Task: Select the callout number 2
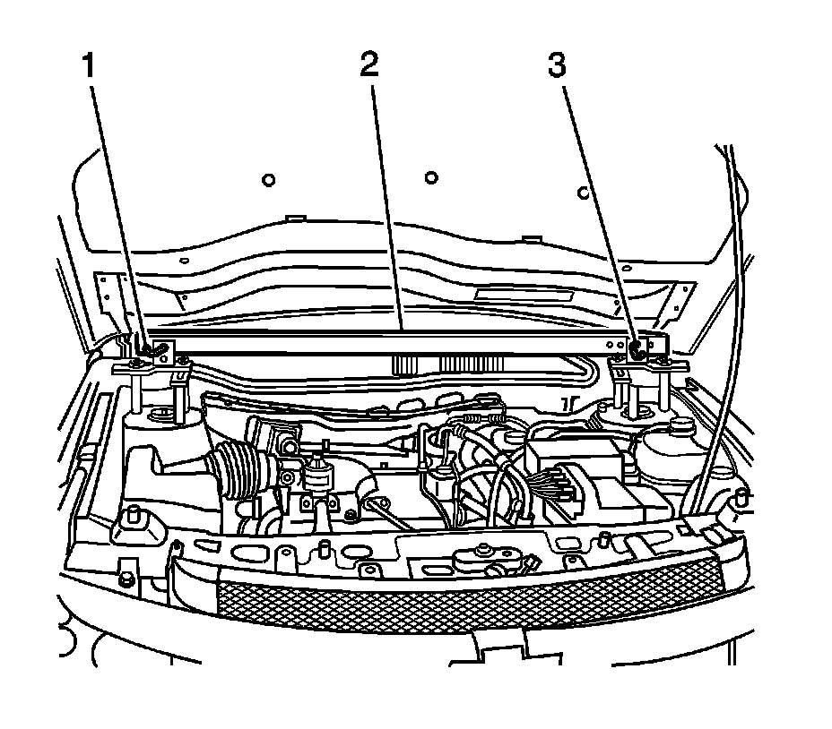pos(368,65)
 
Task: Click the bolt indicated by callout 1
pos(147,348)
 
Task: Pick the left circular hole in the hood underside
pos(267,181)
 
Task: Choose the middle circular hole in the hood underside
pos(430,176)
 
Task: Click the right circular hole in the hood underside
pos(582,192)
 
